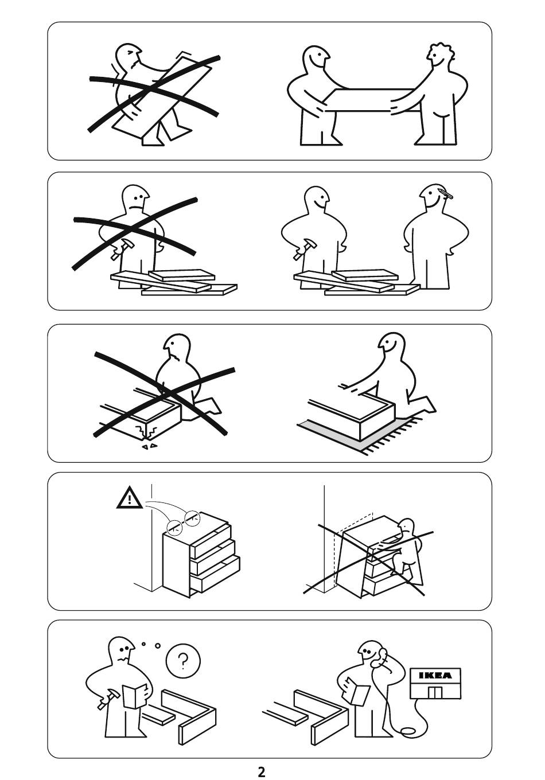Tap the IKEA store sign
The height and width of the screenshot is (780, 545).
(x=435, y=676)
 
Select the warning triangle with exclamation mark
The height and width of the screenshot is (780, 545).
(x=129, y=498)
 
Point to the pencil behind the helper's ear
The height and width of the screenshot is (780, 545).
(x=446, y=193)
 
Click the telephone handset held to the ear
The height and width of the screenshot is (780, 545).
(x=382, y=656)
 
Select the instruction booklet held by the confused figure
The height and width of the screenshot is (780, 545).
(x=134, y=696)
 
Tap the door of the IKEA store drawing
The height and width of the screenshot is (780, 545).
(x=435, y=692)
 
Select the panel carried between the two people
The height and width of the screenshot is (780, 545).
(x=371, y=100)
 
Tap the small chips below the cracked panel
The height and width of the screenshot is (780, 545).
(x=149, y=446)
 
